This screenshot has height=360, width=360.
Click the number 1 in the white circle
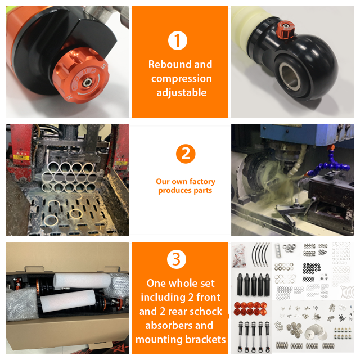[177, 40]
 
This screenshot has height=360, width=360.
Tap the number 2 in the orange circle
[186, 154]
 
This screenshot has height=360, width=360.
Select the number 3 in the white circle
[176, 259]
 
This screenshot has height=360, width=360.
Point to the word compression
[181, 79]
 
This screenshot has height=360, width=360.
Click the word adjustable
[181, 92]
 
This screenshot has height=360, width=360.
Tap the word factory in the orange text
[202, 182]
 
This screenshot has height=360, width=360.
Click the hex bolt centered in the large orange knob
[87, 82]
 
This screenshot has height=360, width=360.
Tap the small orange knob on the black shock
[285, 29]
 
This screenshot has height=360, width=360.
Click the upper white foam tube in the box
[82, 281]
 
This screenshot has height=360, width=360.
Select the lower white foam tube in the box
[68, 300]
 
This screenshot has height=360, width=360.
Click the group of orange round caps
[251, 308]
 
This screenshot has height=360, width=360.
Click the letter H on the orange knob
[70, 97]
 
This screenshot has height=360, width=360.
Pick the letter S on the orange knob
[103, 66]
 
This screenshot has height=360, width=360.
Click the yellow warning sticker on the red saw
[21, 157]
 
